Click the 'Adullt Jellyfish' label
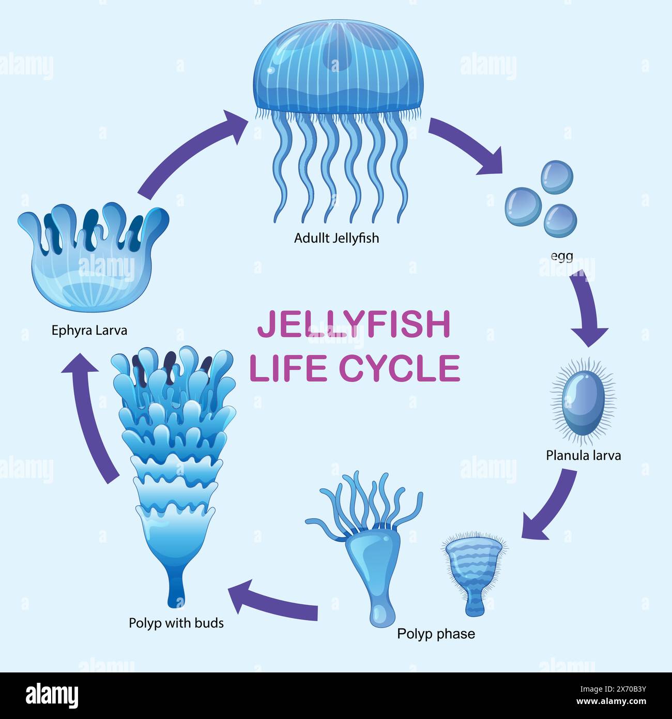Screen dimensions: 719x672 (x=336, y=238)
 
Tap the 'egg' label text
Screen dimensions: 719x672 (x=562, y=255)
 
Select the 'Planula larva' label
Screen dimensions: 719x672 (x=583, y=455)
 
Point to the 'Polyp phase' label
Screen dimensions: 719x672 (x=436, y=634)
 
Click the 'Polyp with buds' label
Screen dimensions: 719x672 (x=176, y=623)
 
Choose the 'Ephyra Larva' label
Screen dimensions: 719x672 (x=89, y=330)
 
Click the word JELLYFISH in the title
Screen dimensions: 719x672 (x=354, y=325)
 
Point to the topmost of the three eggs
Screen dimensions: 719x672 (x=557, y=177)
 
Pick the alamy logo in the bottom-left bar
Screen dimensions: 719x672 (x=52, y=696)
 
